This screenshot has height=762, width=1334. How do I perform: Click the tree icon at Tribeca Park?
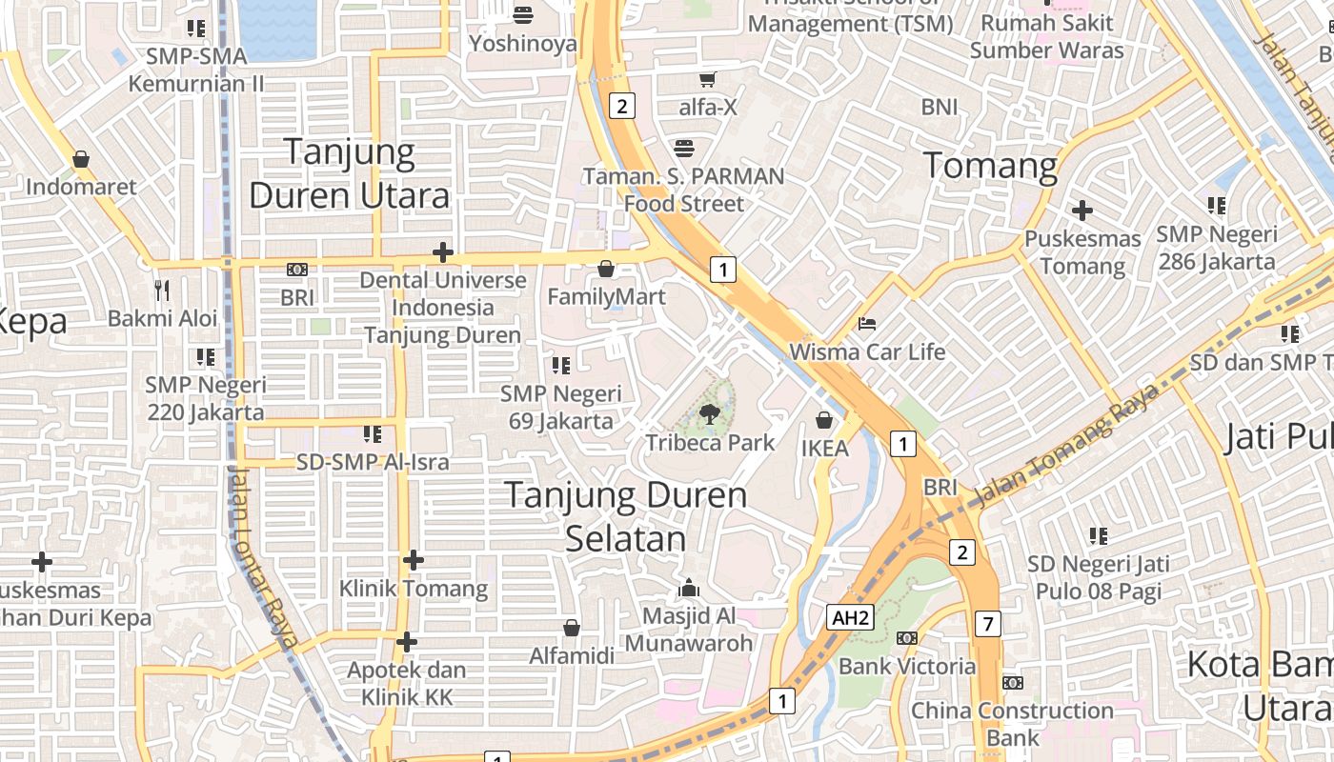709,413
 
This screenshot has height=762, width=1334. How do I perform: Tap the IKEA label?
824,448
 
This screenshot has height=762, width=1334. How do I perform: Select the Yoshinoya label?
523,44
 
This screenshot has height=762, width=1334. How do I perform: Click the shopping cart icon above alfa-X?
707,80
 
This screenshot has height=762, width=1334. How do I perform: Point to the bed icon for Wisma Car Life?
867,324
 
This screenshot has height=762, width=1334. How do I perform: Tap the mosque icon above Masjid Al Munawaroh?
689,588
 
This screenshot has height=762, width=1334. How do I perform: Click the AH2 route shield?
850,617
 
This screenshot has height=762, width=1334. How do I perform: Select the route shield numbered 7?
988,625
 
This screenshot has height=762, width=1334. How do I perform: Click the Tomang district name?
991,167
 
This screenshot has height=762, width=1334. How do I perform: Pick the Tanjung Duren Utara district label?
349,173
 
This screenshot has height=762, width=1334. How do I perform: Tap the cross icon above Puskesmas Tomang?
1081,210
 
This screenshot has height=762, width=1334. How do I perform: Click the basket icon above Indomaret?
81,158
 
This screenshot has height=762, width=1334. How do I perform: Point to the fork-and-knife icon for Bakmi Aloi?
162,290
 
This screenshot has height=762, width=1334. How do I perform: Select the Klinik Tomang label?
414,589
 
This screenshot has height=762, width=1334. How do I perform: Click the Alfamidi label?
572,655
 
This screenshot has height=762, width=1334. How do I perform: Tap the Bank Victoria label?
907,666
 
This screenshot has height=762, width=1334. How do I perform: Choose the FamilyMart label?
606,297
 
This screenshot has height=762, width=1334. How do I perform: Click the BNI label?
940,107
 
